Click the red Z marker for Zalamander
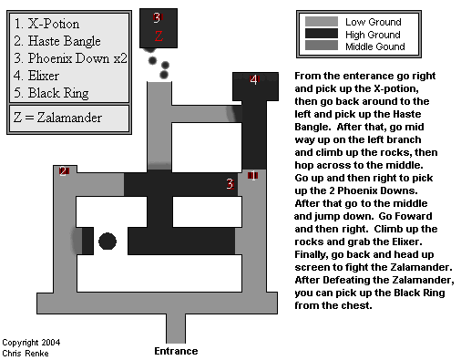coord(159,36)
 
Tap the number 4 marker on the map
coord(254,80)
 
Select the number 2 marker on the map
coord(64,171)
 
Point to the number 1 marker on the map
coord(252,175)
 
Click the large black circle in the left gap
coord(108,242)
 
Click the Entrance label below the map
coord(176,351)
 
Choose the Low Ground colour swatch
coord(322,22)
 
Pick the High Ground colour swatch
coord(322,34)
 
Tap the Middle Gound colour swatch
coord(322,46)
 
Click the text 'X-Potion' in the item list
coord(54,24)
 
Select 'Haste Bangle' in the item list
coord(64,41)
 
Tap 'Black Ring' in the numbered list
coord(58,93)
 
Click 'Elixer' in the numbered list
coord(44,76)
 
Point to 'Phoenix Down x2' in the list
coord(77,58)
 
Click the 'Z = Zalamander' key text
coord(57,118)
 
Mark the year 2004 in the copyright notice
coord(51,343)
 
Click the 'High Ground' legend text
coord(373,35)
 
